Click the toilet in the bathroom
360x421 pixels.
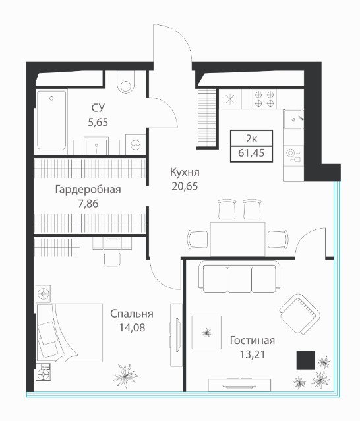(x=126, y=81)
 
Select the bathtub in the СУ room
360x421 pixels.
(x=51, y=121)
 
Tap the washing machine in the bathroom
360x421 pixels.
(x=136, y=145)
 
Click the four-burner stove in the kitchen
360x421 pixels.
(x=264, y=99)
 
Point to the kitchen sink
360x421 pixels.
(x=293, y=119)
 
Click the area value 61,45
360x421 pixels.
(x=251, y=153)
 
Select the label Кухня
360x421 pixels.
(x=185, y=173)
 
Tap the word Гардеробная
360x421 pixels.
(x=88, y=190)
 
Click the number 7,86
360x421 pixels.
(x=88, y=204)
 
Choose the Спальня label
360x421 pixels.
(x=132, y=314)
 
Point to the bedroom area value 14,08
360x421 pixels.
(x=132, y=327)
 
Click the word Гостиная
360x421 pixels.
(x=253, y=341)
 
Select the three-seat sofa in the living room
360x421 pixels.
(x=239, y=277)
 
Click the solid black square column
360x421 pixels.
(x=306, y=360)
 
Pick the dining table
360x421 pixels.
(x=238, y=239)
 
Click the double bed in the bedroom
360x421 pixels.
(x=70, y=333)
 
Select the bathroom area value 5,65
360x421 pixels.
(x=98, y=122)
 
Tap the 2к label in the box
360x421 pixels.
(x=251, y=139)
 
